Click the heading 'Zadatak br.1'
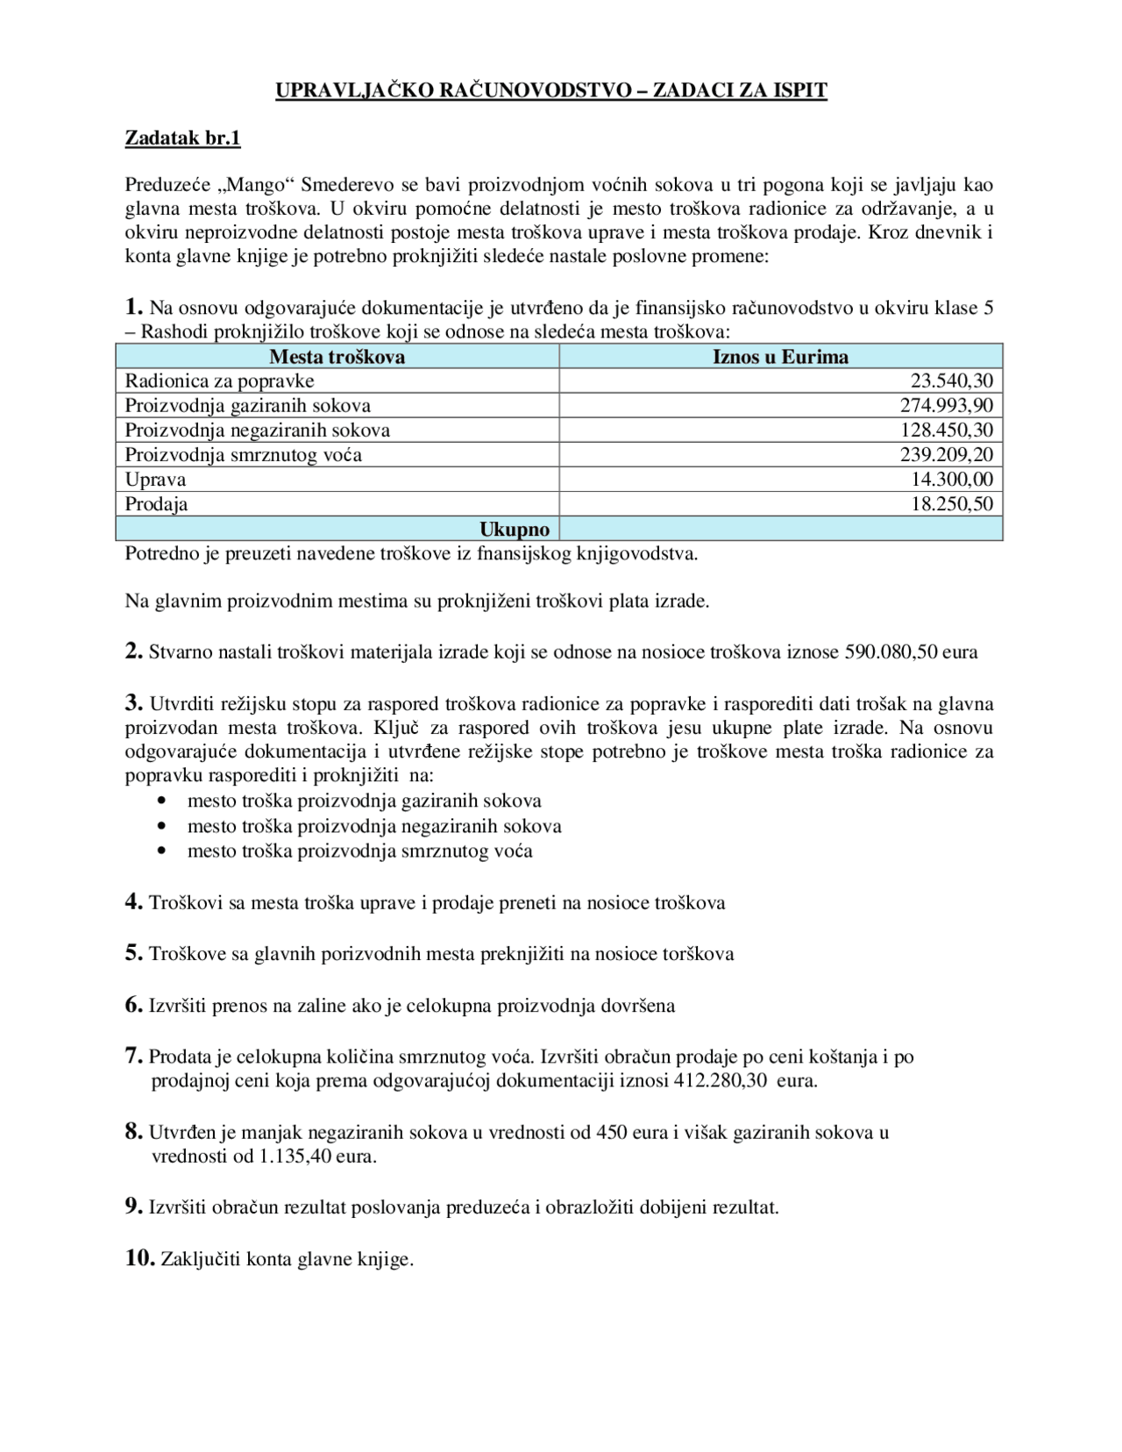coord(182,138)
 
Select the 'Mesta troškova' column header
coord(337,357)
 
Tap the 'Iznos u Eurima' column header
coord(780,357)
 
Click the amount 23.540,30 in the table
coord(951,381)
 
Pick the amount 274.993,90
coord(946,406)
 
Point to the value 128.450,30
coord(946,431)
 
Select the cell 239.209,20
coord(946,455)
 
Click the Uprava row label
coord(155,480)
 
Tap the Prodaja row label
coord(156,504)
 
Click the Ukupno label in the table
coord(515,530)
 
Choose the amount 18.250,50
coord(951,504)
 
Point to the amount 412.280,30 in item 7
coord(721,1081)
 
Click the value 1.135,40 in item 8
coord(295,1157)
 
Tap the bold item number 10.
coord(139,1258)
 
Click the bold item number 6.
coord(133,1005)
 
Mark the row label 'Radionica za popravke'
coord(219,381)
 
